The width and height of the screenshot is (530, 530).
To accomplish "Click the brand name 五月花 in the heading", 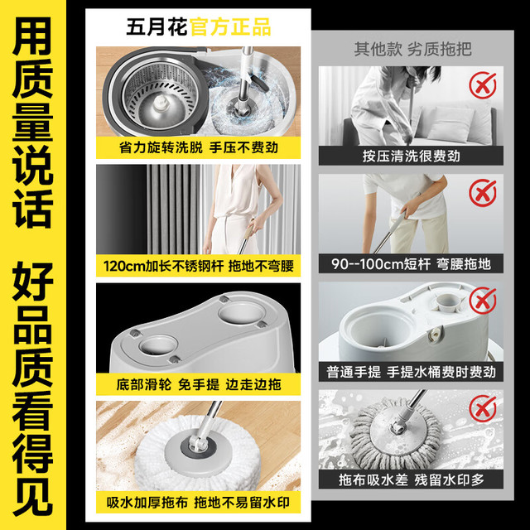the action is tap(157, 26).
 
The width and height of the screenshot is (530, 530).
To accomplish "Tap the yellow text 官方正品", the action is tap(230, 26).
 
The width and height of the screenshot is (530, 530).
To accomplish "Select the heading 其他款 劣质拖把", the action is tap(412, 49).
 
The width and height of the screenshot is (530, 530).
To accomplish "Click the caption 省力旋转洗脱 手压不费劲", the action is tap(199, 147).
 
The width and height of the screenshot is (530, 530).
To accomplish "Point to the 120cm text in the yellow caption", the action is tap(124, 266).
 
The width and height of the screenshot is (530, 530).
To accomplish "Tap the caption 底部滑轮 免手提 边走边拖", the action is tap(199, 384).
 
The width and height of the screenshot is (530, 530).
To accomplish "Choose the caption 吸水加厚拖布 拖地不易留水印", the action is tap(199, 503).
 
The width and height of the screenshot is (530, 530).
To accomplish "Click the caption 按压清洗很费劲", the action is tap(412, 157).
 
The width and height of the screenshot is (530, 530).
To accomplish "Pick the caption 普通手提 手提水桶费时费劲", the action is tap(412, 372).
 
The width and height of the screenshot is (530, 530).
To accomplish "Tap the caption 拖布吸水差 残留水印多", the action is tap(412, 480).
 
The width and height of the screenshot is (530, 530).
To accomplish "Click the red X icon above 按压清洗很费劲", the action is tap(483, 85).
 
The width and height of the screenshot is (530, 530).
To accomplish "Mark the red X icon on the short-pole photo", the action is tap(483, 193).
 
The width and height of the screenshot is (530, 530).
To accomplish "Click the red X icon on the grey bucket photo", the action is tap(483, 301).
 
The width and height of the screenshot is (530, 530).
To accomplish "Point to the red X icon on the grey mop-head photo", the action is tap(483, 408).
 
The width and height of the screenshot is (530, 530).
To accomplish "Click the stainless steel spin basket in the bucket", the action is tap(160, 94).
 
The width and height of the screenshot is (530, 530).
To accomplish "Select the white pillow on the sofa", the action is tap(449, 124).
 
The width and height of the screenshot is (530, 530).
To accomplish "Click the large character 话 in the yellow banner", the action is tap(33, 209).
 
